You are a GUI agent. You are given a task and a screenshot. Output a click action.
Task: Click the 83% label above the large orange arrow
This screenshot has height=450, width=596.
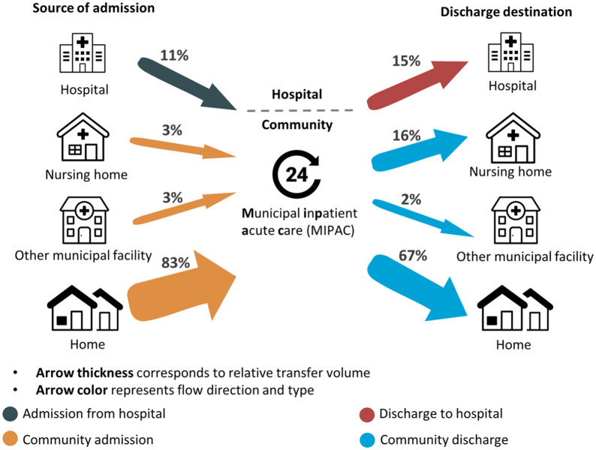[x=174, y=262]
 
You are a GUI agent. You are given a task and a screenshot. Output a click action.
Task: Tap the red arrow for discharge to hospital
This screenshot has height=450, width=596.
[x=413, y=83]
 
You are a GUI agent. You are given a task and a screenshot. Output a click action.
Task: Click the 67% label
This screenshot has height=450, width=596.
[x=413, y=256]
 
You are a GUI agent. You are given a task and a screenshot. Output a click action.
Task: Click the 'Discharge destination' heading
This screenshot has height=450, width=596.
[x=517, y=13]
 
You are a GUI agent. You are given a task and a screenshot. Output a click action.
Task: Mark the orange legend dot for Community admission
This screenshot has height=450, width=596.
[x=11, y=439]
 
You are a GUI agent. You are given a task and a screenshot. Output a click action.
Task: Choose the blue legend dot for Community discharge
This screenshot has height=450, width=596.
[x=367, y=439]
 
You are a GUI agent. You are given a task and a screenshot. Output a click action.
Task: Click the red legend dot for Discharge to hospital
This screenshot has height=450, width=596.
[x=367, y=414]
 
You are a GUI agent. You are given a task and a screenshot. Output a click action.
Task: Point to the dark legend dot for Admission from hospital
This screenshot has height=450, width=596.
[x=11, y=414]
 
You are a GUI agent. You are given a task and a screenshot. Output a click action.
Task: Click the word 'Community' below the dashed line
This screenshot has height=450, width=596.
[x=296, y=125]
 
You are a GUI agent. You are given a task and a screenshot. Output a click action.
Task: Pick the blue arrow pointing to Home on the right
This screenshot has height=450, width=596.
[x=420, y=288]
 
